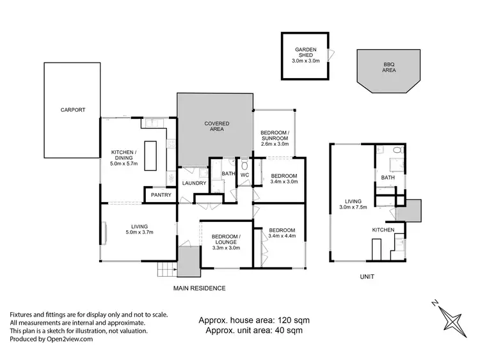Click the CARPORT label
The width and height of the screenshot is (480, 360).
click(72, 110)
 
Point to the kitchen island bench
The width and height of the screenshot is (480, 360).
click(151, 155)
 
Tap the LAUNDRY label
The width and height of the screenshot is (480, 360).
click(194, 184)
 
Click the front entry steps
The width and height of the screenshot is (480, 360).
click(167, 269)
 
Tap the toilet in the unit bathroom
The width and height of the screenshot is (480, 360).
click(397, 151)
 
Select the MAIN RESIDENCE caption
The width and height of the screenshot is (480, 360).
click(200, 288)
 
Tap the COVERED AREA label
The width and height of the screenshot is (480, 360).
click(216, 127)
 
